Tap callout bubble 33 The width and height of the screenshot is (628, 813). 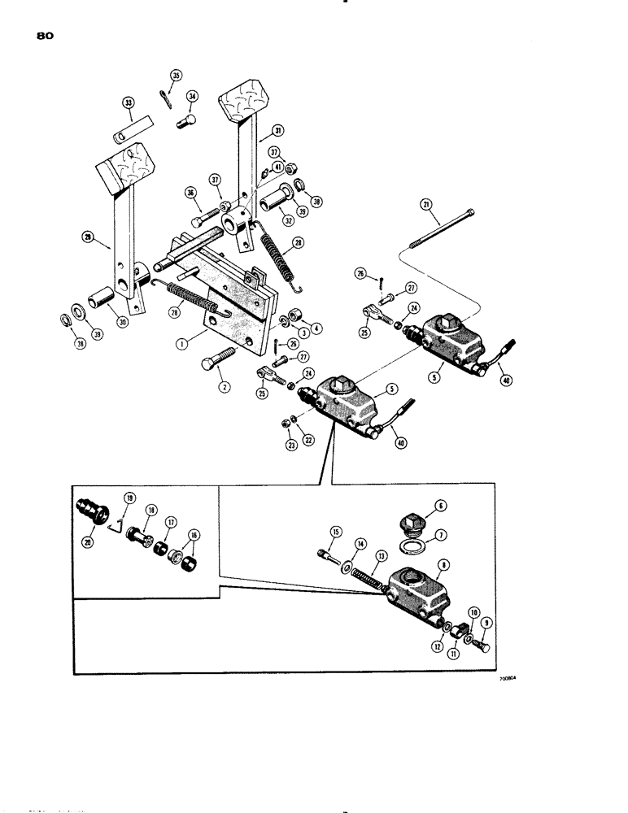[x=128, y=102]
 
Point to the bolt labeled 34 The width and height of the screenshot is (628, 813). [x=184, y=123]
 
